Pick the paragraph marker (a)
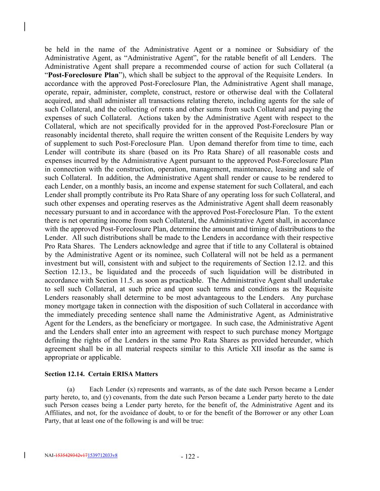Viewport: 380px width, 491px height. [x=71, y=389]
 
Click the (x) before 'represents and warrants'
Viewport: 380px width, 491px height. [x=131, y=389]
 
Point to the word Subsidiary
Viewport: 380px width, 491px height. [x=295, y=50]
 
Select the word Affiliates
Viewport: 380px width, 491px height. [x=57, y=413]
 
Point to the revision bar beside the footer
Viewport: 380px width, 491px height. [x=24, y=455]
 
